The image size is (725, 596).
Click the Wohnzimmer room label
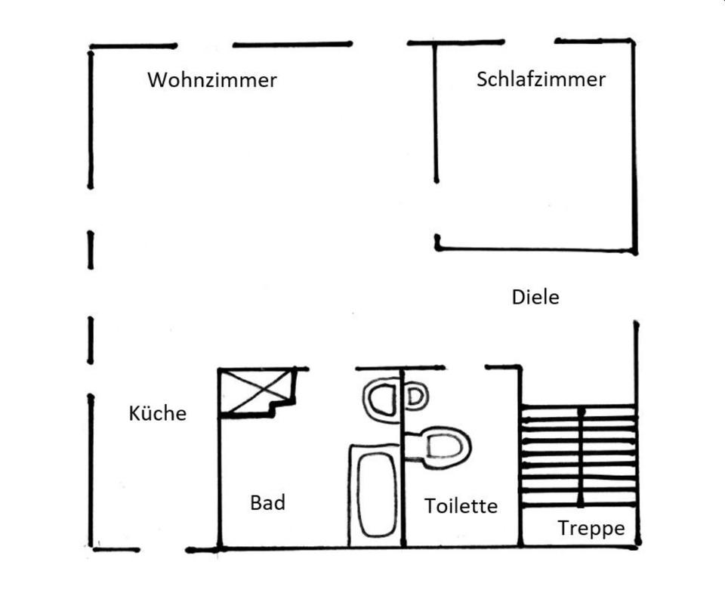(212, 80)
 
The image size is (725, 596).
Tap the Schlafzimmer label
(541, 79)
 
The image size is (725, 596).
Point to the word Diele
(535, 297)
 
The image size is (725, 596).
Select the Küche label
(158, 413)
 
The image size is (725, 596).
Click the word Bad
(267, 502)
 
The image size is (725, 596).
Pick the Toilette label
(461, 506)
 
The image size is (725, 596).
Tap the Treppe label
(591, 529)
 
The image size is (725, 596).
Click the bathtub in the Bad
(374, 496)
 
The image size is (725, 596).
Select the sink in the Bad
(381, 400)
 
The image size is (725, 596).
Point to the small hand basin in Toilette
(416, 397)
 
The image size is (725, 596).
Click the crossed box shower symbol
(257, 392)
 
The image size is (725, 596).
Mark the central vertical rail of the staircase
(581, 457)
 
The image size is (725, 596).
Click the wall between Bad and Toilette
(403, 458)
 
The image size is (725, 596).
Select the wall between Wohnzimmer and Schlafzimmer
(436, 113)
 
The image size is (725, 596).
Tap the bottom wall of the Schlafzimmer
(536, 250)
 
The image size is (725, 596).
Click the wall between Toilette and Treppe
(520, 457)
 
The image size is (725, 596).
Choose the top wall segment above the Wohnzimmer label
(292, 45)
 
